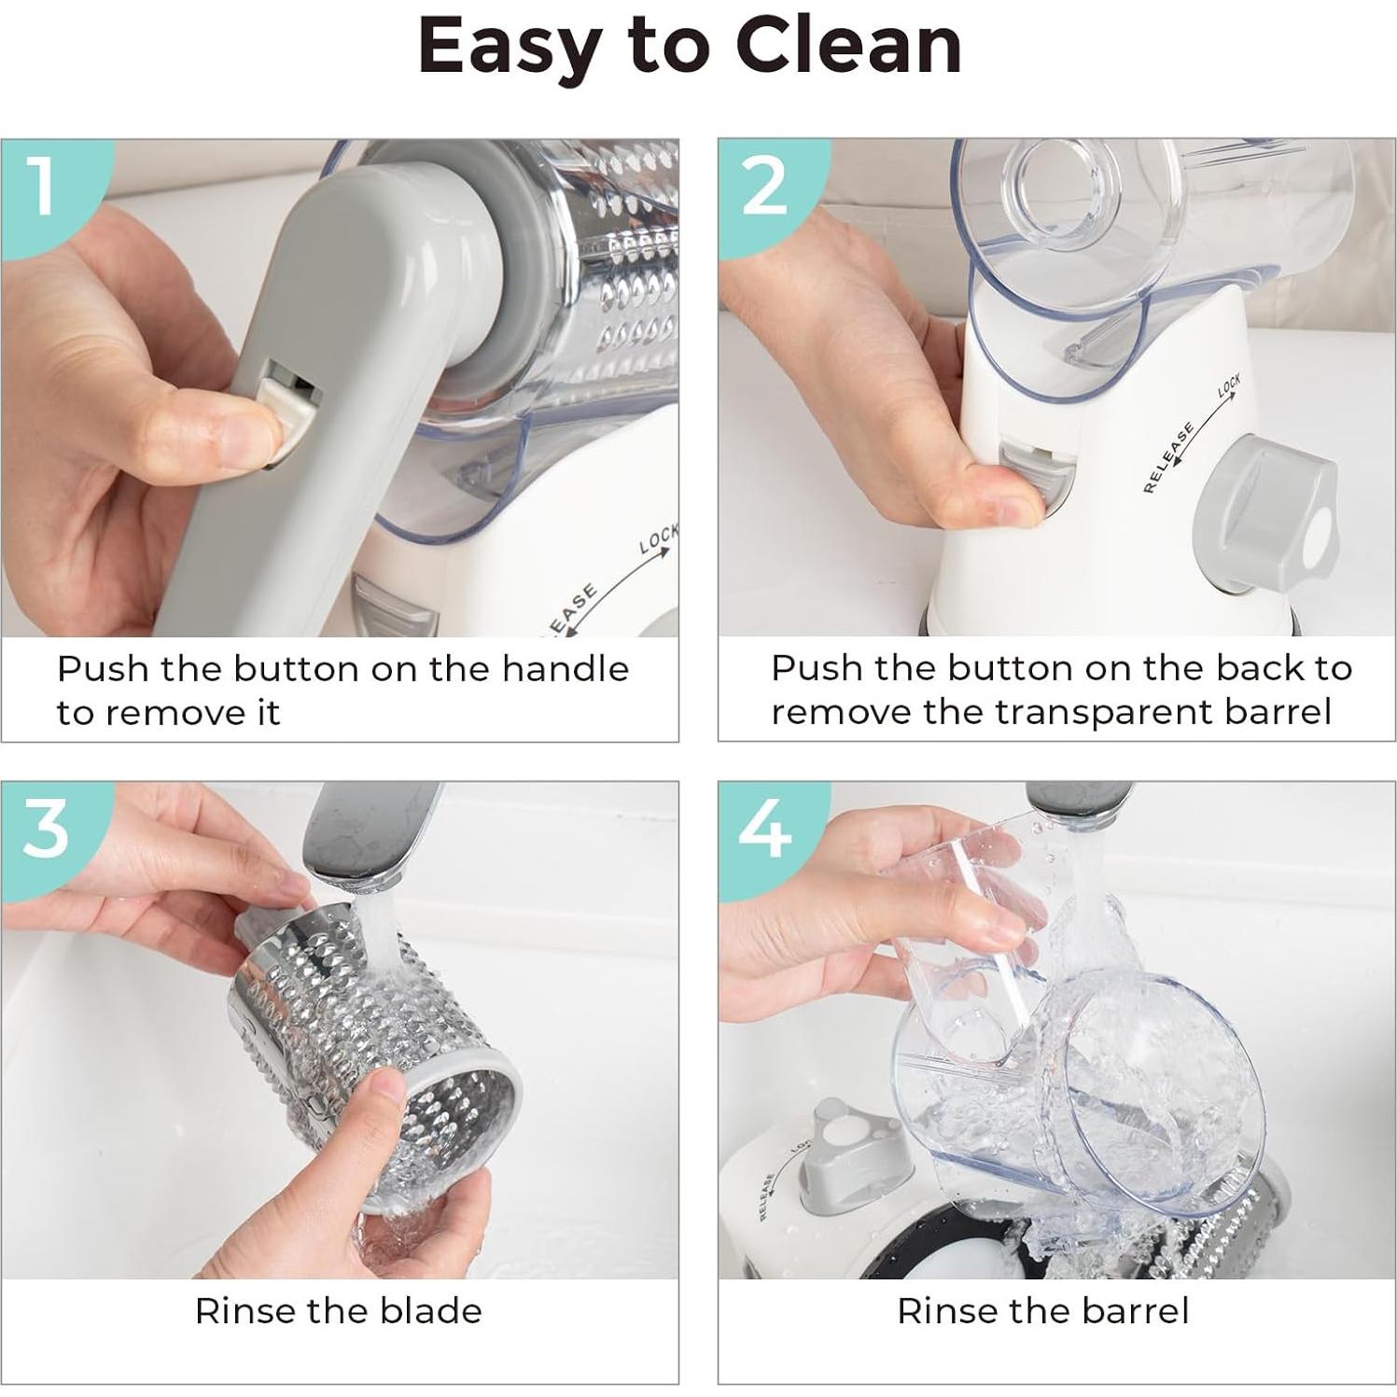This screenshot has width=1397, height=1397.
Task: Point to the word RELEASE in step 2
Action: (1168, 457)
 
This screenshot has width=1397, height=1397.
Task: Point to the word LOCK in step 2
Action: (1229, 385)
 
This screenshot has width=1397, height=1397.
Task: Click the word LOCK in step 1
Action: (658, 538)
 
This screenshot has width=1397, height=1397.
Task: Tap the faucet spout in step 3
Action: (369, 835)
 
